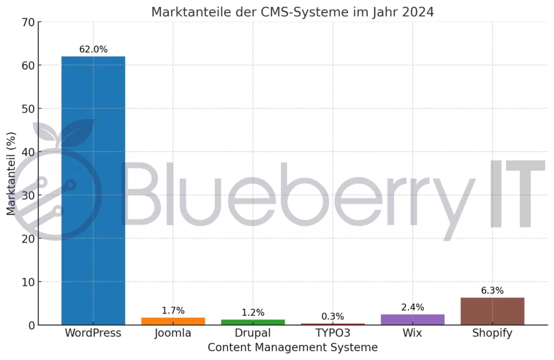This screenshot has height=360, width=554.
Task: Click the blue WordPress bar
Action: tap(93, 189)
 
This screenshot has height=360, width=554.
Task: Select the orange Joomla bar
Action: tap(173, 321)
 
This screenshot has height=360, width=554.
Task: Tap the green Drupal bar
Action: tap(253, 322)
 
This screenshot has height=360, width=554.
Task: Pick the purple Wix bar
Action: tap(412, 319)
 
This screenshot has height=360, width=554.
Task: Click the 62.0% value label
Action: tap(93, 50)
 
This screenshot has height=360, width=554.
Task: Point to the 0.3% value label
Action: tap(333, 317)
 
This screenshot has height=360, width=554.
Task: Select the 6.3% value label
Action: tap(492, 291)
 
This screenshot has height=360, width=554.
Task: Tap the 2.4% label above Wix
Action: tap(412, 308)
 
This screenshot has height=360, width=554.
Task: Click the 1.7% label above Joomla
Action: tap(173, 311)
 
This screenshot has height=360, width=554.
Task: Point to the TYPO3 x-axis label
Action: tap(333, 333)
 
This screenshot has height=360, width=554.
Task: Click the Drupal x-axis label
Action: tap(253, 333)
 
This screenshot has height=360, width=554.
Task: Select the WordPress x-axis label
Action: tap(93, 333)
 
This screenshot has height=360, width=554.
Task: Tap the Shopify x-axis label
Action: tap(492, 333)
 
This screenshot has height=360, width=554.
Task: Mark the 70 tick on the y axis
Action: tap(28, 22)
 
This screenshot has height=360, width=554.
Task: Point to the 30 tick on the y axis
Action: tap(28, 195)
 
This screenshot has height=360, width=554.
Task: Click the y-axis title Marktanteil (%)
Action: tap(11, 174)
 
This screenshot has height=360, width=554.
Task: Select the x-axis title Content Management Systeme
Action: tap(293, 348)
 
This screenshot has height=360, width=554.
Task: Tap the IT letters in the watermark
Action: tap(517, 195)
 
